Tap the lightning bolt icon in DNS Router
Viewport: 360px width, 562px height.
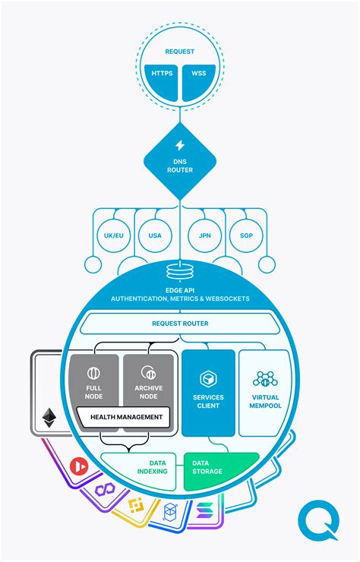pyautogui.click(x=180, y=145)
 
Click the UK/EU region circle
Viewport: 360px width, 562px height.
pyautogui.click(x=114, y=235)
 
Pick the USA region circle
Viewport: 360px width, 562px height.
pyautogui.click(x=155, y=235)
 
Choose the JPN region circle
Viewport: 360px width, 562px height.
pyautogui.click(x=204, y=235)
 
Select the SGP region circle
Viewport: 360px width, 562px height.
pyautogui.click(x=245, y=235)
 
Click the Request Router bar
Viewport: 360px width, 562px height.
pyautogui.click(x=180, y=324)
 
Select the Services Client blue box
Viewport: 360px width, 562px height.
pyautogui.click(x=207, y=391)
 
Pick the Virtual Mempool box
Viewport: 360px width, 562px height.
pyautogui.click(x=264, y=391)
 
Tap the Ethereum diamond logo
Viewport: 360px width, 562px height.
pyautogui.click(x=49, y=417)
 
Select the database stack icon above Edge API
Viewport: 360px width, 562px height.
pyautogui.click(x=180, y=270)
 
